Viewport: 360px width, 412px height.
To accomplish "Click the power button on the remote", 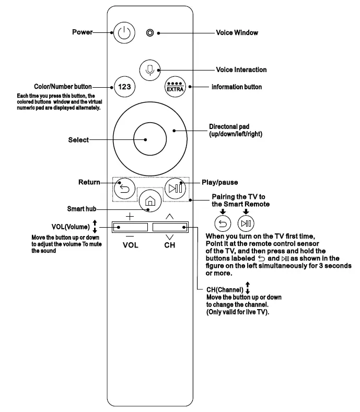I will click(x=123, y=33).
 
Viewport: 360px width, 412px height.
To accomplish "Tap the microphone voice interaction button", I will click(x=150, y=69).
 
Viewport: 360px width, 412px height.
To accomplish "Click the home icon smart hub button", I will click(x=149, y=200).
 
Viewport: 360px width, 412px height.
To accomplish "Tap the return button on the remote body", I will click(x=124, y=189).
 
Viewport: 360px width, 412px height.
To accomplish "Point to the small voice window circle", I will click(x=150, y=33).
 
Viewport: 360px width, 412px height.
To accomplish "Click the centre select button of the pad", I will click(x=146, y=140).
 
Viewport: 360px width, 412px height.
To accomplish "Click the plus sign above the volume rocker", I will click(x=130, y=216).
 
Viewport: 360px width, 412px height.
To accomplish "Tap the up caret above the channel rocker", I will click(x=169, y=216).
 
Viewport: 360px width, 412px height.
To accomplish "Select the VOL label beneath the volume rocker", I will click(x=130, y=245).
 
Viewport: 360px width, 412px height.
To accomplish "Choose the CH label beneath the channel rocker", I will click(x=170, y=245).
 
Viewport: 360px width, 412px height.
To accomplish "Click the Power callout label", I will click(x=82, y=32).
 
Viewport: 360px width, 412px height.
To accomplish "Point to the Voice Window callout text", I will click(x=237, y=33).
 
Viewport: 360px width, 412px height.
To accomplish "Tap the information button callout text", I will click(x=236, y=87).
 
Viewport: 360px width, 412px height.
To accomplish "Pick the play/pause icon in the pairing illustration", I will click(x=246, y=223).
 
